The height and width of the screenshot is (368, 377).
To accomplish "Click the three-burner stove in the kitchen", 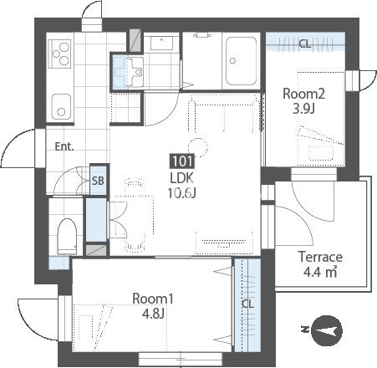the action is [59, 54].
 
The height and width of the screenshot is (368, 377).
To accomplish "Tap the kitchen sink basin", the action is [61, 107].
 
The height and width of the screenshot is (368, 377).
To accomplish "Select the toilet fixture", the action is [67, 237].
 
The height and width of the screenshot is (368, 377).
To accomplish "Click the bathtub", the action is [241, 61].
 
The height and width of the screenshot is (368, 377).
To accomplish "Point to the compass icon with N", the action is [326, 330].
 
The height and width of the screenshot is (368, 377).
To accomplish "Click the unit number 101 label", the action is [182, 161].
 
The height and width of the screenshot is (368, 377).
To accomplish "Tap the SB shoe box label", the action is [98, 181].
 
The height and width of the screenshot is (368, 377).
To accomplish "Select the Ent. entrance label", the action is [64, 146].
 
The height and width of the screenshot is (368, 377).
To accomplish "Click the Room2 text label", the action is [303, 94].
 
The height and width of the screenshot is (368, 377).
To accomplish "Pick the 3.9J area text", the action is [303, 109].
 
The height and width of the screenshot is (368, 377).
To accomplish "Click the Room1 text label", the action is [153, 299].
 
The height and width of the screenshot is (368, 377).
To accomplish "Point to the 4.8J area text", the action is [153, 314].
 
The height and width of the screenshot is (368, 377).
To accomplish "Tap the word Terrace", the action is [320, 257].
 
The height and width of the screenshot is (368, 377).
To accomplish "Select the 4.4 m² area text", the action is [320, 272].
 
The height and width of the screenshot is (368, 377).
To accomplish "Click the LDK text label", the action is [182, 178].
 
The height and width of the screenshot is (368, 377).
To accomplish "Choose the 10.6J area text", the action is [182, 192].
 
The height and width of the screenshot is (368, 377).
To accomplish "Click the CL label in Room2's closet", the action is [305, 43].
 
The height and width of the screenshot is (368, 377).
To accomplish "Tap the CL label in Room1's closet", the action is [247, 304].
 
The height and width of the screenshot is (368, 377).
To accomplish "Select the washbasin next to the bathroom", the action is [161, 43].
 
